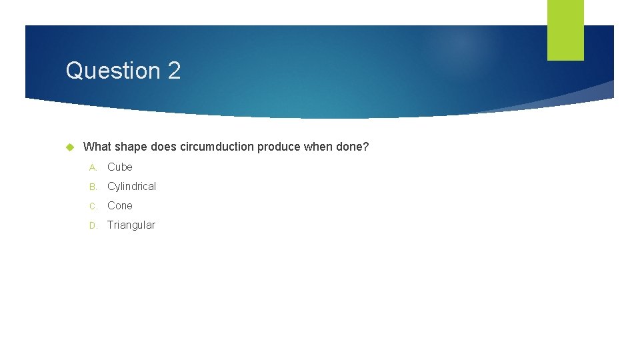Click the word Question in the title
113,71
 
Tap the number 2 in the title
174,71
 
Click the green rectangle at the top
565,30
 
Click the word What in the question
97,147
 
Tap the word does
164,147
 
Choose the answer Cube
120,167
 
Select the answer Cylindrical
131,187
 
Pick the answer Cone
120,206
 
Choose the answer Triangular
131,225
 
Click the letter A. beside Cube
93,167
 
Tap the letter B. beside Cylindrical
93,187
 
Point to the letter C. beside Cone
93,206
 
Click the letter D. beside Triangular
93,225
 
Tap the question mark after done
365,147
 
